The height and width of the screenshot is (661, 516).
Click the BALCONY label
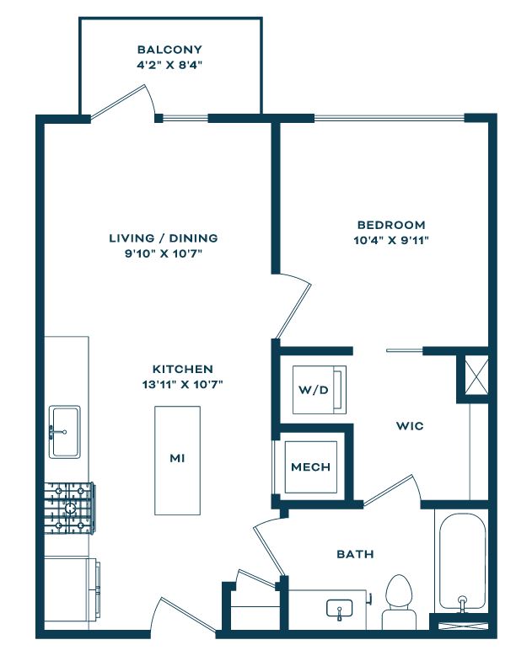pyautogui.click(x=169, y=50)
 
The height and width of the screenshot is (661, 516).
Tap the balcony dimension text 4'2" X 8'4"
pyautogui.click(x=169, y=66)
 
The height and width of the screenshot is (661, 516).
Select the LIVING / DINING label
pyautogui.click(x=164, y=238)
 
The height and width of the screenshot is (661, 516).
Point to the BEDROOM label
pyautogui.click(x=391, y=225)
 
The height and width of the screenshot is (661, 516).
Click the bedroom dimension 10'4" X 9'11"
pyautogui.click(x=391, y=240)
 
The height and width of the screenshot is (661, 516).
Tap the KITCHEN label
pyautogui.click(x=182, y=370)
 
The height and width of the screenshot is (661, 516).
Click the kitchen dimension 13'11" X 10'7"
pyautogui.click(x=182, y=385)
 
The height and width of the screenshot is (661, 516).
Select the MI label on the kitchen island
pyautogui.click(x=177, y=458)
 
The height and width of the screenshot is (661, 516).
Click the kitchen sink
pyautogui.click(x=65, y=432)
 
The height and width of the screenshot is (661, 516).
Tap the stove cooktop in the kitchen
pyautogui.click(x=70, y=508)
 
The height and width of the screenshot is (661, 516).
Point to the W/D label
pyautogui.click(x=314, y=390)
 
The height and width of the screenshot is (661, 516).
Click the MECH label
pyautogui.click(x=311, y=467)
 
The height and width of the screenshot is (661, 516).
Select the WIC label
pyautogui.click(x=410, y=426)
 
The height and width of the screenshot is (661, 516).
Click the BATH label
pyautogui.click(x=355, y=554)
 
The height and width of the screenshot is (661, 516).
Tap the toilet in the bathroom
pyautogui.click(x=399, y=602)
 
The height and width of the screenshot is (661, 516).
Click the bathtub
pyautogui.click(x=462, y=561)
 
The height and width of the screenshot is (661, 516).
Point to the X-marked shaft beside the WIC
pyautogui.click(x=476, y=375)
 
